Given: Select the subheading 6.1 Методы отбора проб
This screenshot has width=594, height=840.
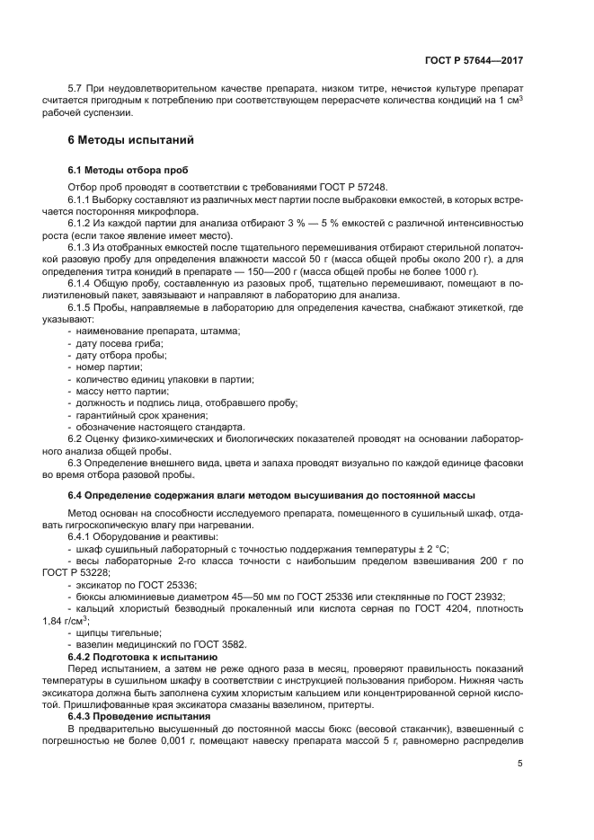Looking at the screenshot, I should [x=129, y=170].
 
